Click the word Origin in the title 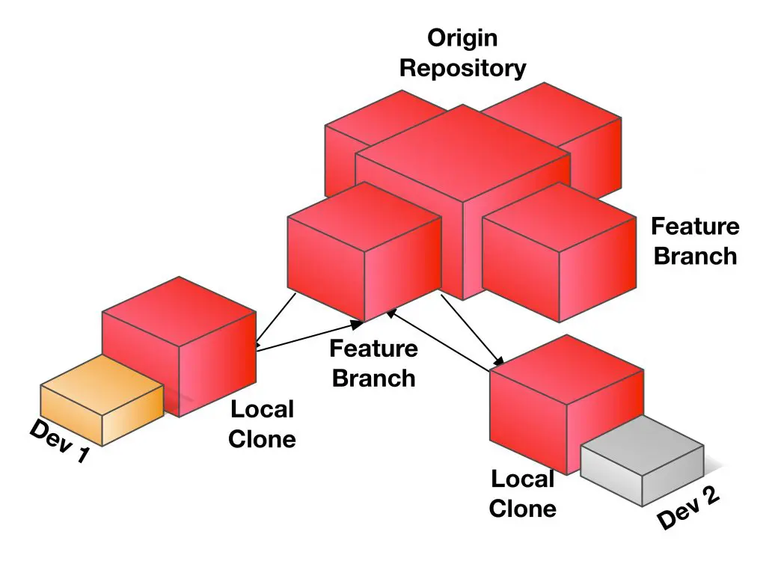coord(462,38)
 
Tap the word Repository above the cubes coord(462,68)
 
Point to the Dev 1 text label coord(58,441)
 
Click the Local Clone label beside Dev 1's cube coord(262,423)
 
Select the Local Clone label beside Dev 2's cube coord(523,494)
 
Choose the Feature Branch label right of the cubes coord(695,241)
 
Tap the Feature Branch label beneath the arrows coord(373,363)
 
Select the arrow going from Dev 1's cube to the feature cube coord(307,336)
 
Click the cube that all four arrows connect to coord(363,251)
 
